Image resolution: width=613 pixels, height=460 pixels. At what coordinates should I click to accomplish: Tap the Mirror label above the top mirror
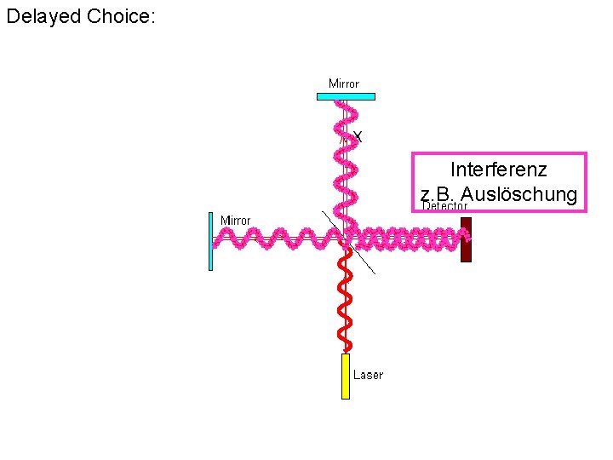(x=344, y=83)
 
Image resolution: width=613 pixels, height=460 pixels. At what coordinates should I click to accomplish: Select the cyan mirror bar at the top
(x=346, y=96)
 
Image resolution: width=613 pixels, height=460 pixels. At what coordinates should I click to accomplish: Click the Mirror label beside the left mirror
(x=236, y=221)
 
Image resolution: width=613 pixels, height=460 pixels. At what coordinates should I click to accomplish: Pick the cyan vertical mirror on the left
(x=210, y=241)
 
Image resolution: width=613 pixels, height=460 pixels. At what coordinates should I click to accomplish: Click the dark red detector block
(x=466, y=240)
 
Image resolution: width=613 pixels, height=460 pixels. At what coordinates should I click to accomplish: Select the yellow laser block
(x=346, y=377)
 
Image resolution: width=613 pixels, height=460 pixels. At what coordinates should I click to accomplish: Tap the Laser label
(x=368, y=375)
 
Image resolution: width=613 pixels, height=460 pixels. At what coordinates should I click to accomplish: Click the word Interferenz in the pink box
(x=498, y=170)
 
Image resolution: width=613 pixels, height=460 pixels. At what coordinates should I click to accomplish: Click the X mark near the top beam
(x=358, y=136)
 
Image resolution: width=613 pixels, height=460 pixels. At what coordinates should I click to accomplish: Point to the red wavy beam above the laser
(x=345, y=298)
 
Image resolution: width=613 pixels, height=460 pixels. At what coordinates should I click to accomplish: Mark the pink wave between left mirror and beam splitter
(x=272, y=239)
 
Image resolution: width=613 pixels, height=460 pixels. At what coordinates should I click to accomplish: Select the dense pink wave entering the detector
(x=409, y=239)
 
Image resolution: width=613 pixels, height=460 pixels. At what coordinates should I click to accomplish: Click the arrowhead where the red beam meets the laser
(x=346, y=348)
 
